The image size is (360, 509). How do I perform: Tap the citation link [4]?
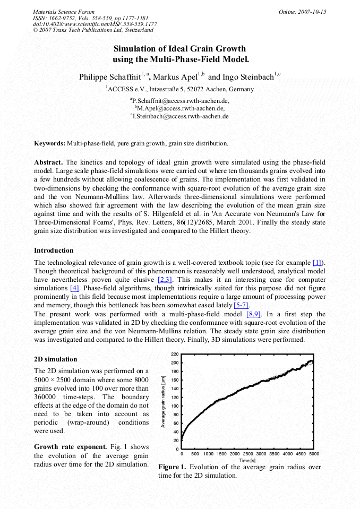coord(75,288)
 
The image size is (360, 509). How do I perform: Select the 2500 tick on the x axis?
coord(247,454)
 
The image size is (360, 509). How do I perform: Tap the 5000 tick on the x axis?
coord(314,454)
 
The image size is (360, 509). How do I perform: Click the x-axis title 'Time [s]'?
coord(247,460)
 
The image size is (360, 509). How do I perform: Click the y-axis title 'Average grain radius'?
coord(164,401)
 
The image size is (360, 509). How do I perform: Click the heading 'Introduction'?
coord(54,250)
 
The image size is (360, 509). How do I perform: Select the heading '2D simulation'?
coord(55,359)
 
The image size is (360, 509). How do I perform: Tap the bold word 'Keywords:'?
coord(50,143)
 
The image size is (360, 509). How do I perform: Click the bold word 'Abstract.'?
coord(49,162)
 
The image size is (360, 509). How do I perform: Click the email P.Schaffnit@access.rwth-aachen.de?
coord(180,100)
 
